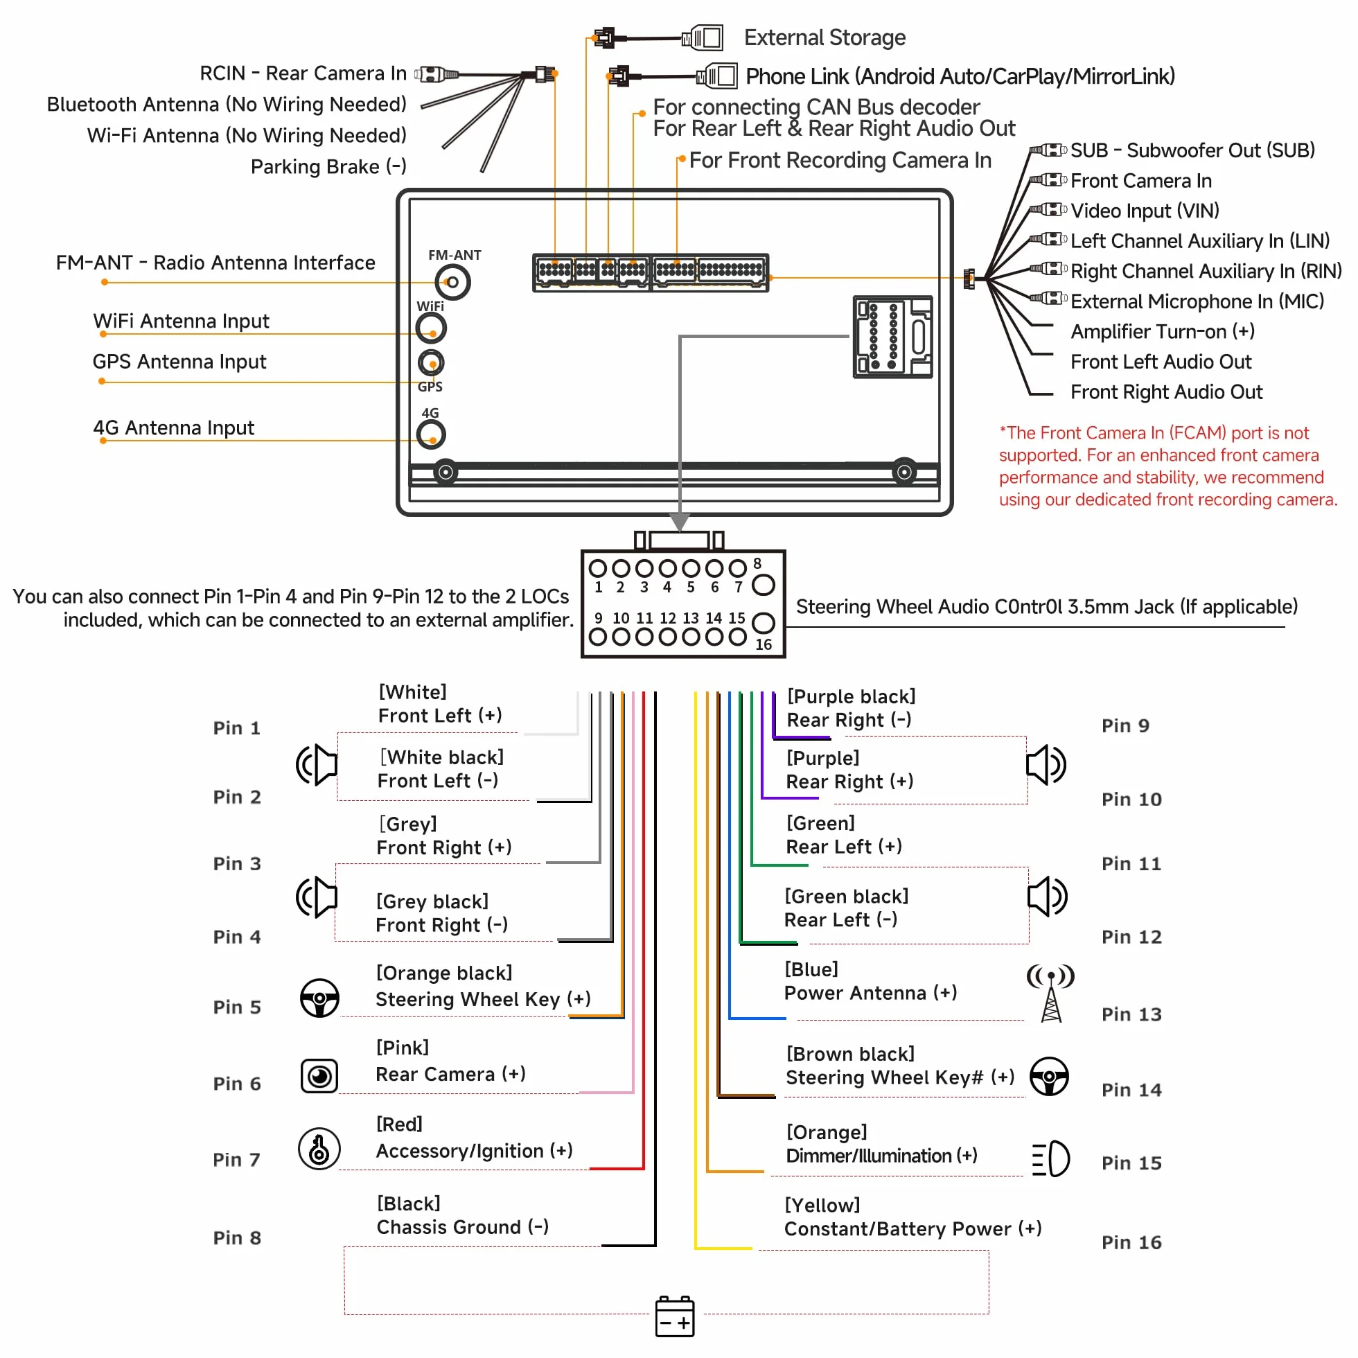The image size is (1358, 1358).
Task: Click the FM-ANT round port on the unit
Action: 452,282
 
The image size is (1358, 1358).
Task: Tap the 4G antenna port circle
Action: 431,434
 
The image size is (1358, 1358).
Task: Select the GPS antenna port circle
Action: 431,362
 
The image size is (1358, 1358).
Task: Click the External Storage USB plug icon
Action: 702,37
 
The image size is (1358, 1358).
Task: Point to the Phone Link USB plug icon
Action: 716,76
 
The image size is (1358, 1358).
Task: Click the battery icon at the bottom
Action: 675,1316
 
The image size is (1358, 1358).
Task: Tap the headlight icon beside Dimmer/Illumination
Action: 1050,1158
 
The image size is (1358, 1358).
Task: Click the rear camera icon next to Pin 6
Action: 319,1076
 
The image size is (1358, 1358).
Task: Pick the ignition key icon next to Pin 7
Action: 319,1149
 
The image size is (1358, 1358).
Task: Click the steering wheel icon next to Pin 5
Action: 320,998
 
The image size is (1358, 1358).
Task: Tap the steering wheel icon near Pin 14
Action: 1049,1076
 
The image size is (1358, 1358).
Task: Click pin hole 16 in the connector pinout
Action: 764,623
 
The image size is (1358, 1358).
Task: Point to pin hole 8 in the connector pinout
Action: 764,585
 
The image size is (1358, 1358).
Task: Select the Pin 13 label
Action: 1131,1014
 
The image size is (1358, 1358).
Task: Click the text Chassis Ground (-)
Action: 463,1227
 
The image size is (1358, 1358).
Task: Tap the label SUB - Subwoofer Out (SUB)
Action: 1192,150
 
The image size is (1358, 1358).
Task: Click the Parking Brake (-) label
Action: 328,166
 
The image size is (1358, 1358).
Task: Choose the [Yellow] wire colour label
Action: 822,1206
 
